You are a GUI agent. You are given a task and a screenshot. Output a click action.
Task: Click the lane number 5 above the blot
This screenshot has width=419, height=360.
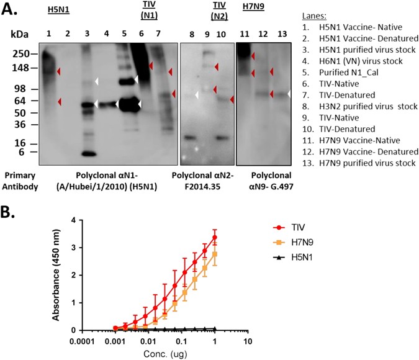[x=124, y=32]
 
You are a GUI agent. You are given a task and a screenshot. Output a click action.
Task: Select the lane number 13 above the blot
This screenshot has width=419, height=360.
[x=282, y=32]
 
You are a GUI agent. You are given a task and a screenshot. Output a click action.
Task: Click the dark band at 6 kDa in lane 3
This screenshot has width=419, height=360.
[x=88, y=153]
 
